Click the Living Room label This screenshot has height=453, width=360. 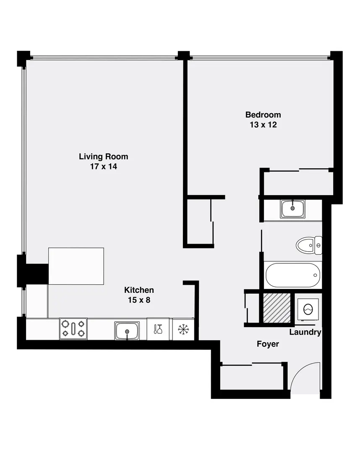103,156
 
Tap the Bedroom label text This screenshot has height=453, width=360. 263,115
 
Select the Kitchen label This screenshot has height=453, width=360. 139,290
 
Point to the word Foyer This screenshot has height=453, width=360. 268,344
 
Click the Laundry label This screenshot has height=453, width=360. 305,332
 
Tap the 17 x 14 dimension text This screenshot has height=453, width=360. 103,167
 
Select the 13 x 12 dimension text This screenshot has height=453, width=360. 263,125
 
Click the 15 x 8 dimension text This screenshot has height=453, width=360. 139,300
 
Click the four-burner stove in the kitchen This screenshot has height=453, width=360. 73,328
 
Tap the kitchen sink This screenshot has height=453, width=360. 127,330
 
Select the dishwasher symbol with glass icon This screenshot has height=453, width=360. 158,329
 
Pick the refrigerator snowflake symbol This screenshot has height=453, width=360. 183,329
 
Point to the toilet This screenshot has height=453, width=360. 308,245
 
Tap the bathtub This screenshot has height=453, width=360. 292,275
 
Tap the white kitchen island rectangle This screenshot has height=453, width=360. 76,266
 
